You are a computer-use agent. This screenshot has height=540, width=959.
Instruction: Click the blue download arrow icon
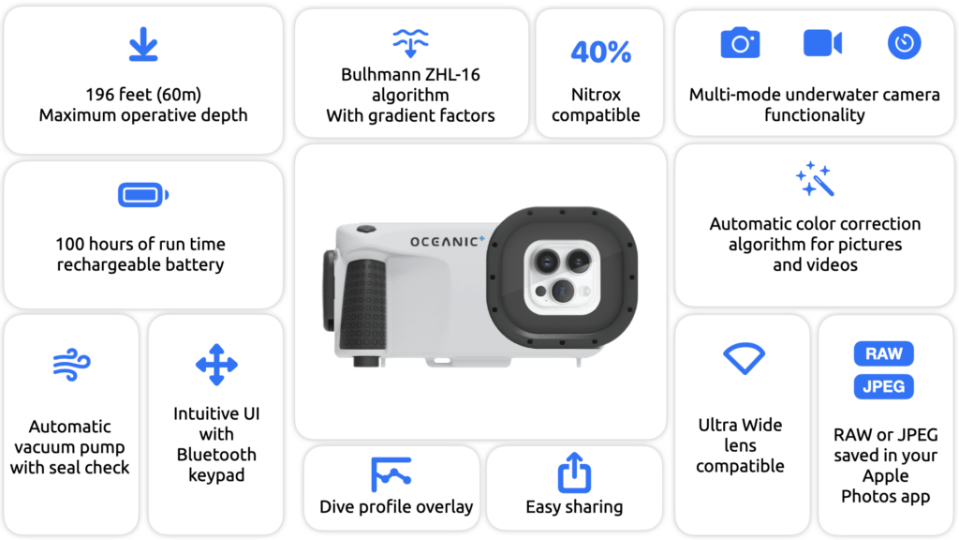[x=143, y=44]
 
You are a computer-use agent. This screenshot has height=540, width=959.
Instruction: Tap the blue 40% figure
[x=600, y=52]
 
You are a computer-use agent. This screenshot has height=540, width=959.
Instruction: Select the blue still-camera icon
[x=740, y=42]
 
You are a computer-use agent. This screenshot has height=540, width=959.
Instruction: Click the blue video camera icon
[x=822, y=43]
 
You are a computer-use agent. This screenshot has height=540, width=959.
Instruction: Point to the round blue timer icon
[x=904, y=43]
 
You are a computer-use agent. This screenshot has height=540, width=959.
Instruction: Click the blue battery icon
[x=143, y=195]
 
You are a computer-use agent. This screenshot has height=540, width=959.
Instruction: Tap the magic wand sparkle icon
[x=815, y=179]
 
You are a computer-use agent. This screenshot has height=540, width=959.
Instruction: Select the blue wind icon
[x=71, y=365]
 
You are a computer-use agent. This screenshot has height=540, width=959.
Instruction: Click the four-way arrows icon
[x=216, y=365]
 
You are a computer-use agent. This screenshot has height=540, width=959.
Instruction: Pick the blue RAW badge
[x=884, y=353]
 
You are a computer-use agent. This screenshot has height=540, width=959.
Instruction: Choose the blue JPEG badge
[x=884, y=386]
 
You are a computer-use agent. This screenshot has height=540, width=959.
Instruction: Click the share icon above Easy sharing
[x=574, y=472]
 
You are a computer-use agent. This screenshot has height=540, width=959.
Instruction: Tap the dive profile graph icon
[x=391, y=473]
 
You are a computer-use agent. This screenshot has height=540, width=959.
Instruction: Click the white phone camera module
[x=561, y=277]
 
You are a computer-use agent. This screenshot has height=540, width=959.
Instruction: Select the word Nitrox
[x=596, y=95]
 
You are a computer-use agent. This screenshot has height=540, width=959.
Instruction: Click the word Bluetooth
[x=216, y=455]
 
